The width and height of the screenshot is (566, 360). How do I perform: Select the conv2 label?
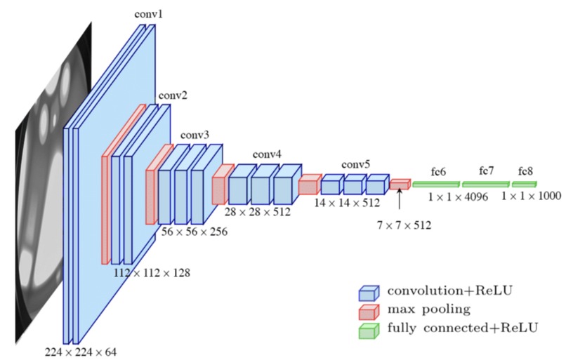point(171,95)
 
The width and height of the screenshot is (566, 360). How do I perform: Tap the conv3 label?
point(195,134)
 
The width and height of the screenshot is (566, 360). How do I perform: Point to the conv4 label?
point(267,154)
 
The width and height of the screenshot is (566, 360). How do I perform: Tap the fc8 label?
point(525,171)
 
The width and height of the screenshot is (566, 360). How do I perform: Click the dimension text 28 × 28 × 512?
point(258,211)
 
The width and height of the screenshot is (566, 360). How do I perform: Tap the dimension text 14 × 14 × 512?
point(347,203)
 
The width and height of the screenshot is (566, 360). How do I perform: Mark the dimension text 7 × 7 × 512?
point(403,225)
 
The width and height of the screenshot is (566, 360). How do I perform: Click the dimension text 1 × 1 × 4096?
point(458,197)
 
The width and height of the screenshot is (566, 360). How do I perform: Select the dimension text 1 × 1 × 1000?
point(531,197)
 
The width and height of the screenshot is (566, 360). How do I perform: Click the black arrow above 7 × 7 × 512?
point(399,200)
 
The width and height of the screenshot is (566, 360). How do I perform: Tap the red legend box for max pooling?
point(369,310)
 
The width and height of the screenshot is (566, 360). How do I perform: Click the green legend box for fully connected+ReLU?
point(369,328)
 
